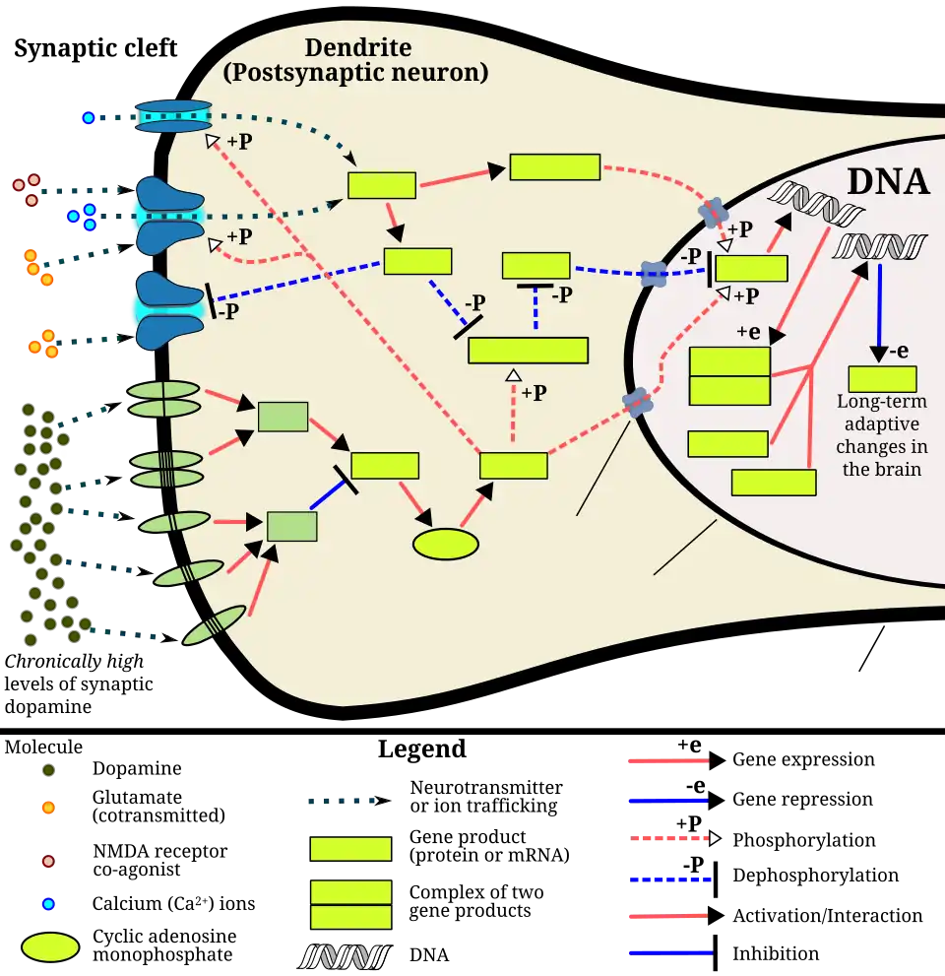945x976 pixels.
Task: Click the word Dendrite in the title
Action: (357, 47)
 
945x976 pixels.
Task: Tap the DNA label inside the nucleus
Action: (888, 181)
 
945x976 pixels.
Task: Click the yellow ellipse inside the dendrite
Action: (445, 544)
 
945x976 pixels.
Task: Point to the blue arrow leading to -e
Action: (879, 305)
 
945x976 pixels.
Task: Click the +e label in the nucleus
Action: (748, 333)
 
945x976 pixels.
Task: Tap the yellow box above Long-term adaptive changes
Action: (882, 379)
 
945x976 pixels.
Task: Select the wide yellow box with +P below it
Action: (528, 351)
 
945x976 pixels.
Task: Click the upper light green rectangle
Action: (283, 417)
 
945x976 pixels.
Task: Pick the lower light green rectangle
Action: (292, 526)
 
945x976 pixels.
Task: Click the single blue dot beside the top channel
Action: (88, 118)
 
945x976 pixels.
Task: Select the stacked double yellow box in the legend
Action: (350, 904)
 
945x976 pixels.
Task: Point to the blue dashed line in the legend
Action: (669, 878)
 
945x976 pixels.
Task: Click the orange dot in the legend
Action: (47, 808)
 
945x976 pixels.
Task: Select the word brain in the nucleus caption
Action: (897, 469)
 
